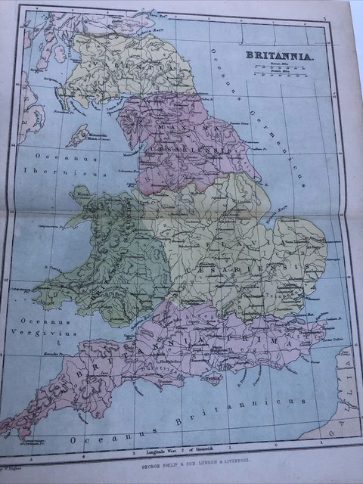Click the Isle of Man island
coord(80,137)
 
